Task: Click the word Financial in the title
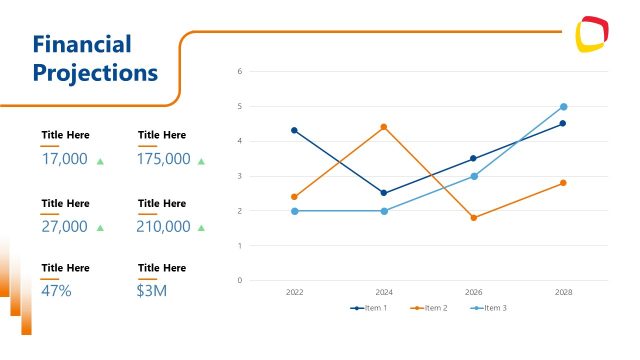pyautogui.click(x=81, y=44)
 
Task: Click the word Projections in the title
pyautogui.click(x=95, y=73)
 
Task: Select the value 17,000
pyautogui.click(x=65, y=159)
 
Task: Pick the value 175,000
pyautogui.click(x=164, y=159)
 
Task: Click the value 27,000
pyautogui.click(x=65, y=227)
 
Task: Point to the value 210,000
pyautogui.click(x=164, y=227)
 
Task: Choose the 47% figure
pyautogui.click(x=56, y=291)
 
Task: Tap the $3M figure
pyautogui.click(x=152, y=291)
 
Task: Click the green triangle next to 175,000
pyautogui.click(x=201, y=160)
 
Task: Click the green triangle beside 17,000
pyautogui.click(x=100, y=160)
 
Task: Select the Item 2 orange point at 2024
pyautogui.click(x=384, y=127)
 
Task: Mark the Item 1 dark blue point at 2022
pyautogui.click(x=294, y=130)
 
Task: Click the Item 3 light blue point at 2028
pyautogui.click(x=564, y=106)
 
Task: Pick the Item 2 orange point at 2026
pyautogui.click(x=474, y=218)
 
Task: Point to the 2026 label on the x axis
pyautogui.click(x=474, y=292)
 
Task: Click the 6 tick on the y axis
pyautogui.click(x=239, y=71)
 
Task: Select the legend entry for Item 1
pyautogui.click(x=369, y=308)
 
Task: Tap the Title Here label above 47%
pyautogui.click(x=65, y=268)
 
